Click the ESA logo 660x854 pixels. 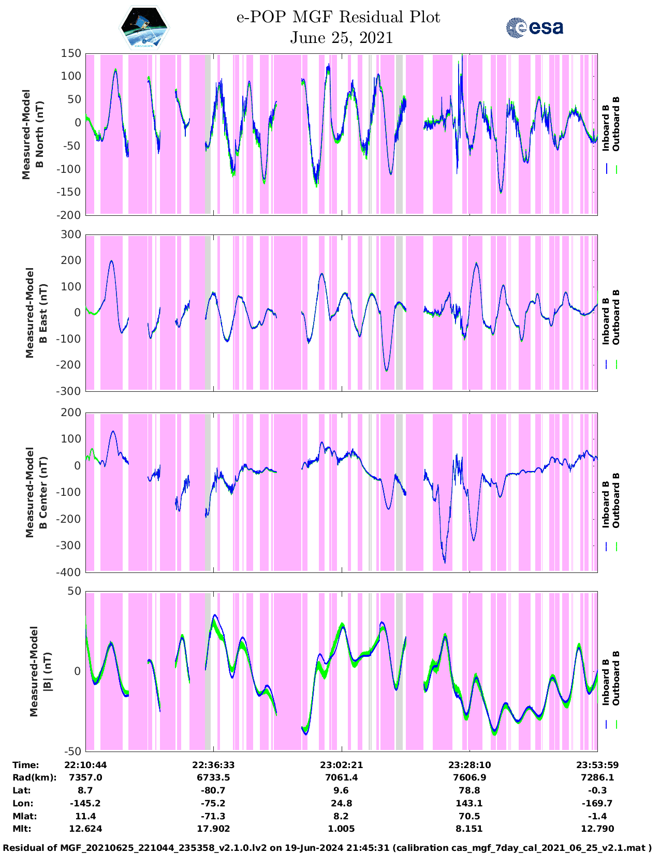click(x=535, y=27)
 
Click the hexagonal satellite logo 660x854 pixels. click(x=144, y=27)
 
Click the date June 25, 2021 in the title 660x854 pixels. click(x=341, y=38)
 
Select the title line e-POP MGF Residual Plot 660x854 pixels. click(x=338, y=17)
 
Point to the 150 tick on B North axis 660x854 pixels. click(x=71, y=53)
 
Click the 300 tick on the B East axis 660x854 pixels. click(x=71, y=235)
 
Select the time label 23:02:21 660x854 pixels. click(x=341, y=765)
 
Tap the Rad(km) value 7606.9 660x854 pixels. click(x=469, y=777)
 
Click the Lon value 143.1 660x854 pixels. click(x=469, y=803)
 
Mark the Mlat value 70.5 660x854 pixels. click(x=469, y=816)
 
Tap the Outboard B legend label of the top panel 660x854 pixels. click(x=616, y=124)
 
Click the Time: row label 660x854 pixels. click(x=26, y=765)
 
